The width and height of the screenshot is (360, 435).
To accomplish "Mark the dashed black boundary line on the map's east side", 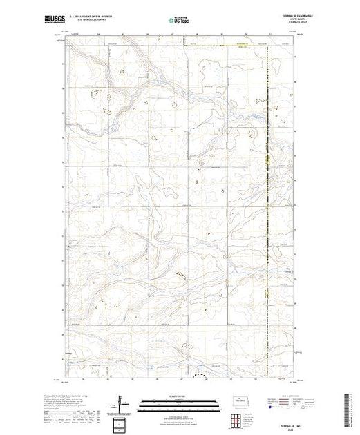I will pyautogui.click(x=268, y=207).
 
